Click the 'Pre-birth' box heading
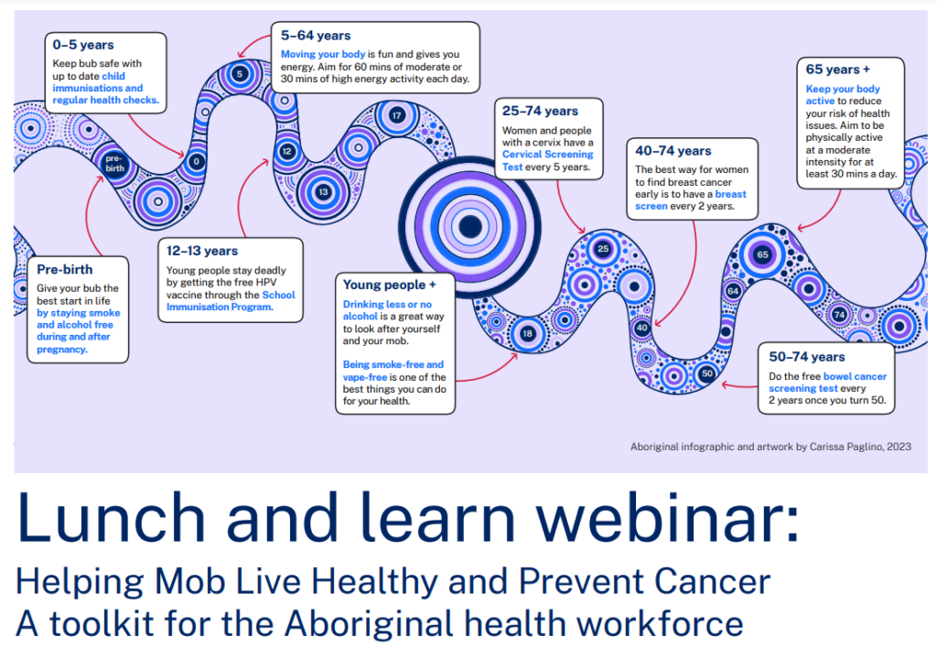[x=65, y=270]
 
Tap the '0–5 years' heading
[x=83, y=45]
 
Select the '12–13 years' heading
[x=202, y=251]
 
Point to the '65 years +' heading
[x=838, y=70]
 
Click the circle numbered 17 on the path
[x=396, y=115]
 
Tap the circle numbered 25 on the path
[x=603, y=249]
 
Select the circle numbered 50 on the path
[x=707, y=373]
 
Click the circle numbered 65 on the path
[x=762, y=254]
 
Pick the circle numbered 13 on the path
[x=323, y=192]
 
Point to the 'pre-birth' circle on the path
[x=114, y=163]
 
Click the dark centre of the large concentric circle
[x=470, y=227]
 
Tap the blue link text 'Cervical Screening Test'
[x=547, y=161]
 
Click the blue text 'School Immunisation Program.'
[x=231, y=301]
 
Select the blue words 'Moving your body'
[x=323, y=54]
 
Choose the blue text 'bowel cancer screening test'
[x=827, y=383]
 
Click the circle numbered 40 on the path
[x=641, y=328]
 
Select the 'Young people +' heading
[x=390, y=286]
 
